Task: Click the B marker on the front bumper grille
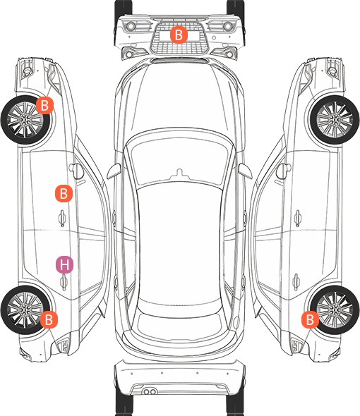(x=179, y=35)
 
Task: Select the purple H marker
(x=64, y=264)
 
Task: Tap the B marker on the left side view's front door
(x=64, y=194)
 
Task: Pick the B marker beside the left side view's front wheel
(x=45, y=105)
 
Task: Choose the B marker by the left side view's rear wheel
(x=49, y=319)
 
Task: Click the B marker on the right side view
(x=311, y=319)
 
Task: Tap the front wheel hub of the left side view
(x=25, y=120)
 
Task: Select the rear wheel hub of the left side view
(x=25, y=310)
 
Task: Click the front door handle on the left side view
(x=62, y=218)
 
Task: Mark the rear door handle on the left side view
(x=64, y=282)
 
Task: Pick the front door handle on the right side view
(x=298, y=218)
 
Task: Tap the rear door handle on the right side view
(x=296, y=282)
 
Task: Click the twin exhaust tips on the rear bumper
(x=150, y=392)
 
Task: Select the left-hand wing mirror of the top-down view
(x=114, y=171)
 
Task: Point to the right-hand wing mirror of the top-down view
(x=245, y=171)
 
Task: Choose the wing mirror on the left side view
(x=76, y=171)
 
